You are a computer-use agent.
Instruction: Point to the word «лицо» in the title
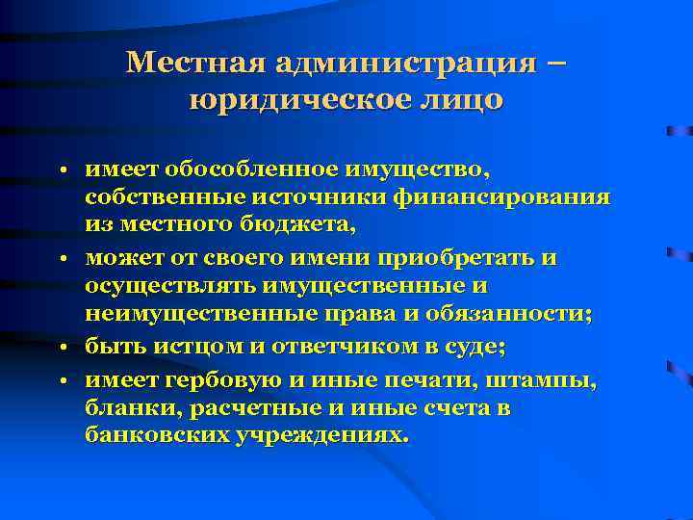click(459, 100)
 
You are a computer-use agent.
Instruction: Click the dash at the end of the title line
click(556, 64)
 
